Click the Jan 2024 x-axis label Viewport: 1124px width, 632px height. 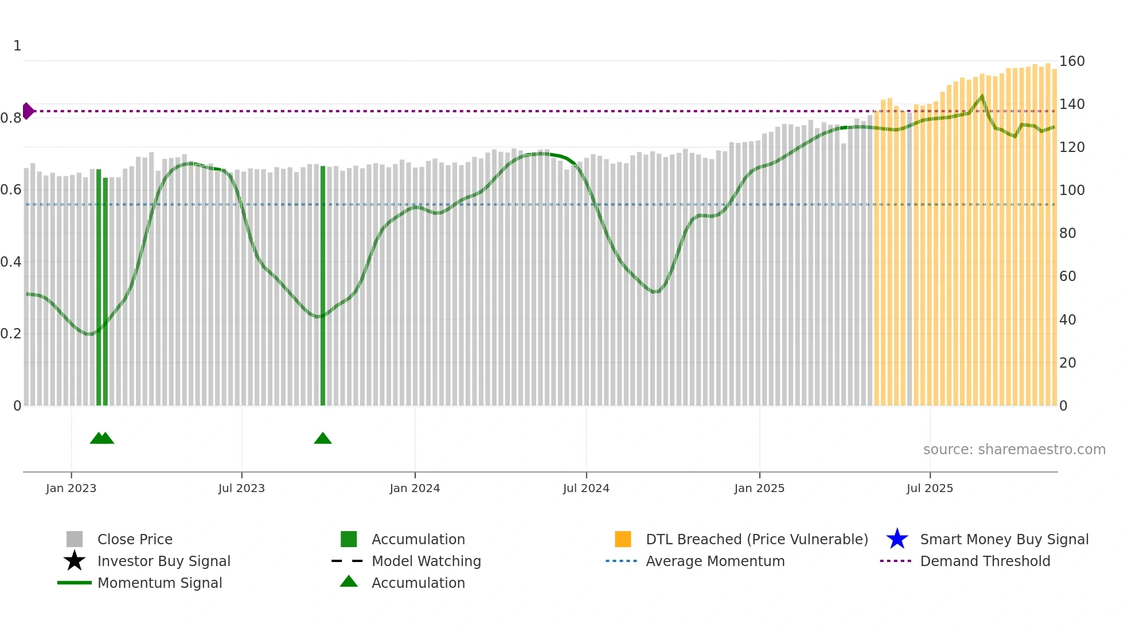[x=415, y=488]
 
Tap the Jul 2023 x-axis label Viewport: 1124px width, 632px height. [x=241, y=488]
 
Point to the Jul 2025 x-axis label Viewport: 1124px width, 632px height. [x=930, y=488]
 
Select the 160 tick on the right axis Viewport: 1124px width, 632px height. [x=1071, y=61]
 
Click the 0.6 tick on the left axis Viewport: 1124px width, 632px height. [x=11, y=190]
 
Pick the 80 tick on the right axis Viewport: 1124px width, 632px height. [x=1067, y=233]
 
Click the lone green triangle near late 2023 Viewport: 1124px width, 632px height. [x=323, y=439]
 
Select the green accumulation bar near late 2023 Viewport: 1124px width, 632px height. [x=323, y=287]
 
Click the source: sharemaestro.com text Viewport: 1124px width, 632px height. [x=1014, y=450]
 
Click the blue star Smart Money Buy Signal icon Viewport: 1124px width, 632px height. [x=897, y=539]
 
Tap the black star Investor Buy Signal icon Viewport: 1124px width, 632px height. [x=75, y=561]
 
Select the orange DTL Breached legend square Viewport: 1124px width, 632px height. [x=623, y=539]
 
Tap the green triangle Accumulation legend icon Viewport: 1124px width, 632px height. [x=349, y=582]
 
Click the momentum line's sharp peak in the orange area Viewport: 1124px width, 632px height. [x=982, y=96]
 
